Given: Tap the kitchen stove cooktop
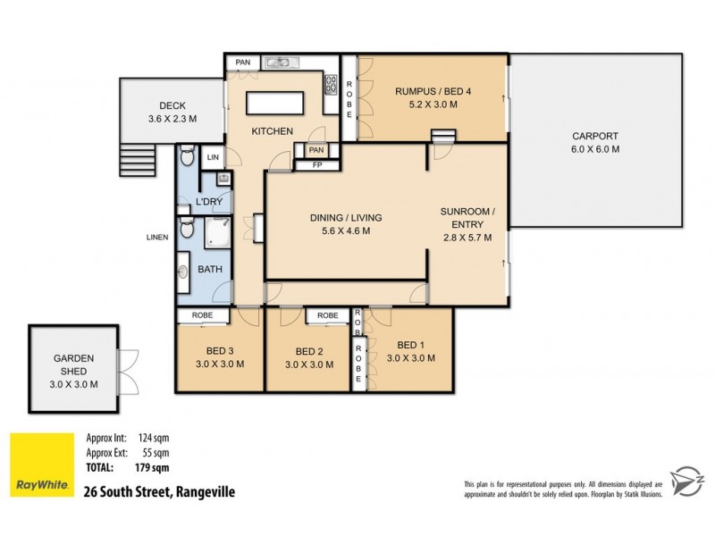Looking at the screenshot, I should tap(330, 87).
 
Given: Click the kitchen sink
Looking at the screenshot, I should tap(282, 63).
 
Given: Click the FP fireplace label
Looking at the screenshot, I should tap(317, 164).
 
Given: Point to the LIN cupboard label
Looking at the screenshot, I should tap(213, 157).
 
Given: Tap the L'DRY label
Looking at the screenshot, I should tap(209, 202).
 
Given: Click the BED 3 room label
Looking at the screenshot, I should tap(220, 350).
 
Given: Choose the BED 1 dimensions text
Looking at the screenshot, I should tap(411, 358).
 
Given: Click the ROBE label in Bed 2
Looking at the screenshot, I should tap(327, 315).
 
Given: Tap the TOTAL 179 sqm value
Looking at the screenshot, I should tap(153, 466).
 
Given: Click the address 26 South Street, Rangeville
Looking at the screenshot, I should tap(158, 490).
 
